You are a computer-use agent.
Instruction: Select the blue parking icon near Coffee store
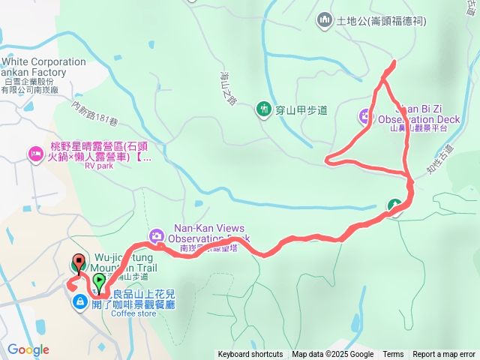coord(79,301)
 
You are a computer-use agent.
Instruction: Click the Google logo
coord(28,349)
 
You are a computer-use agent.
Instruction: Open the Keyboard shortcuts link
coord(250,355)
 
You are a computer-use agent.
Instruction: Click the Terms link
coord(393,355)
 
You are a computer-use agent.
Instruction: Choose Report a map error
coord(444,355)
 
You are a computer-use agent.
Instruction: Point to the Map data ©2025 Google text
coord(332,355)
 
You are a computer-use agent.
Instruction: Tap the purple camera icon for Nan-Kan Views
coord(157,235)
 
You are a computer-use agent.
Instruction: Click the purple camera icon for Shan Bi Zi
coord(365,115)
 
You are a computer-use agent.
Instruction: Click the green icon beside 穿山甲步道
coord(263,109)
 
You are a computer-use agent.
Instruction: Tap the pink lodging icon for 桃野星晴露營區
coord(35,154)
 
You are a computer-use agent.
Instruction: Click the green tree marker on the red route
coord(394,205)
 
